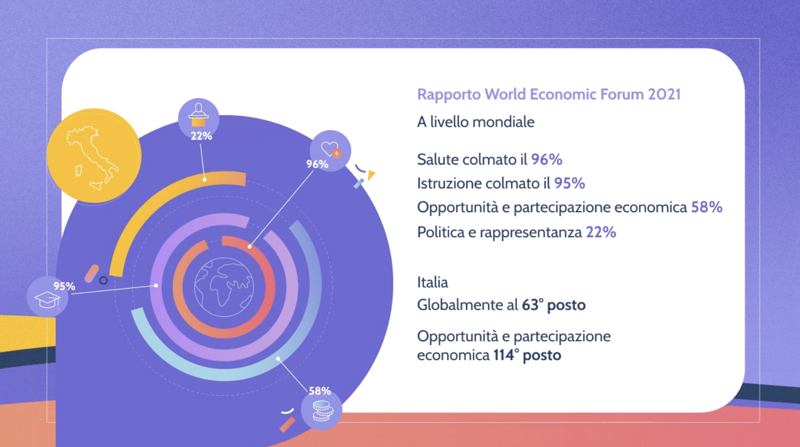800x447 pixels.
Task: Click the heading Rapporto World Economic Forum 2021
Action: pos(549,95)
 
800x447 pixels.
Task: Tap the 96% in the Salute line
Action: pos(547,159)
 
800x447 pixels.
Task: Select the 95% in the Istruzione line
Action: pos(569,184)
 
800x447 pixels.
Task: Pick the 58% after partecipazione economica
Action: pos(707,208)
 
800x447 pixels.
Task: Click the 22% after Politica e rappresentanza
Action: pos(601,232)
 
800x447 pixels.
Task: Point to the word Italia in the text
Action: pos(432,282)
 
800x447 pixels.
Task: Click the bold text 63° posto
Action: pos(553,305)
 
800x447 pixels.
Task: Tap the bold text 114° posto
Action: pos(528,355)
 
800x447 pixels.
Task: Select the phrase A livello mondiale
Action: pos(476,122)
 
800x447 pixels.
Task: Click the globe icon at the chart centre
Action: pos(224,287)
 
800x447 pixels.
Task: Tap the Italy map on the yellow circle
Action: pos(92,157)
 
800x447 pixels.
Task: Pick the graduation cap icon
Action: pos(47,300)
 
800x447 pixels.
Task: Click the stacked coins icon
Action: pos(323,411)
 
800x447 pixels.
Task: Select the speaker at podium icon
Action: pos(198,115)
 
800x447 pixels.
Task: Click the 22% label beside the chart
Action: pos(202,136)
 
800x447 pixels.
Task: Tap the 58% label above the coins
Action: pos(319,391)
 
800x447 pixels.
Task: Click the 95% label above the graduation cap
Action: pos(64,287)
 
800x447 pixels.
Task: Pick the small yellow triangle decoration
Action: pos(371,175)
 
